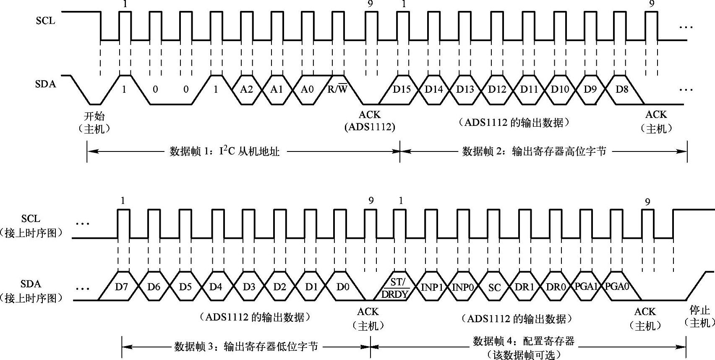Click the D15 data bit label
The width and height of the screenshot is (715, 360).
pyautogui.click(x=402, y=89)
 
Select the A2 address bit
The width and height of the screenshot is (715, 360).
pyautogui.click(x=246, y=89)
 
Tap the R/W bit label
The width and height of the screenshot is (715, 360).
pyautogui.click(x=337, y=89)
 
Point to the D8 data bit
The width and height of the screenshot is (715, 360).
pyautogui.click(x=621, y=89)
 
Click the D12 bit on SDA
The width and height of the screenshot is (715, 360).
pyautogui.click(x=497, y=89)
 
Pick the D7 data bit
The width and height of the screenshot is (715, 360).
pyautogui.click(x=121, y=287)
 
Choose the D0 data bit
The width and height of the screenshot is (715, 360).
pyautogui.click(x=343, y=287)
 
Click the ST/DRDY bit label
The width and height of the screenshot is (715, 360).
pyautogui.click(x=395, y=288)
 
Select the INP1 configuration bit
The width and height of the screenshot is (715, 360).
pyautogui.click(x=432, y=287)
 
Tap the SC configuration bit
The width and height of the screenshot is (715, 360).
pyautogui.click(x=495, y=288)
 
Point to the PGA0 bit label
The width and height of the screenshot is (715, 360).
pyautogui.click(x=617, y=287)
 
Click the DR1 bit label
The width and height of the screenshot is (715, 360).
pyautogui.click(x=525, y=287)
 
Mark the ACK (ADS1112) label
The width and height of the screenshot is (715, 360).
pyautogui.click(x=370, y=121)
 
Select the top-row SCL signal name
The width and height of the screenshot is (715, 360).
pyautogui.click(x=45, y=21)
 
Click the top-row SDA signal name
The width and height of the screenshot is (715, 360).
pyautogui.click(x=45, y=84)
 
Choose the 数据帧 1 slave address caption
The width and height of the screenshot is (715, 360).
pyautogui.click(x=224, y=151)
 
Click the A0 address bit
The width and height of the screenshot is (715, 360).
pyautogui.click(x=307, y=89)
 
